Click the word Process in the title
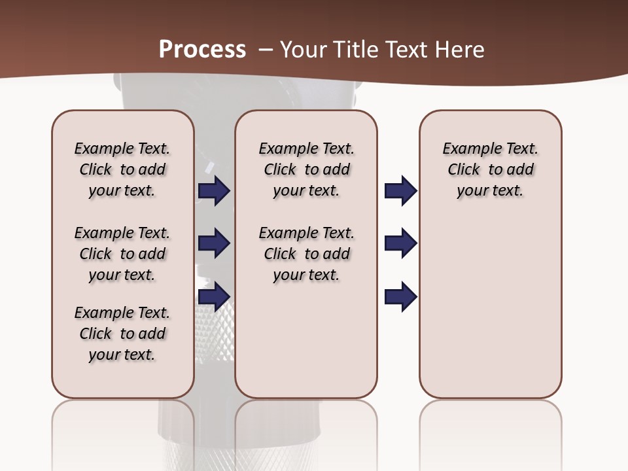[x=202, y=50]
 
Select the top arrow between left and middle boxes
[x=214, y=190]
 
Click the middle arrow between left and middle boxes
[x=214, y=243]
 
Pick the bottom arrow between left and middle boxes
[x=214, y=296]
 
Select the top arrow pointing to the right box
[x=400, y=190]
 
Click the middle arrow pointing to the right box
[x=400, y=243]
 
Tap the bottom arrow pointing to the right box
[x=400, y=296]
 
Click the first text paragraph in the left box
[x=122, y=169]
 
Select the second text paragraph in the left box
[x=122, y=254]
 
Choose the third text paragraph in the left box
[x=122, y=334]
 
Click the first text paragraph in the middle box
[x=306, y=169]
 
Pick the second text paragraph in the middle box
[x=306, y=254]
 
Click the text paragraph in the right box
[x=490, y=169]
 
